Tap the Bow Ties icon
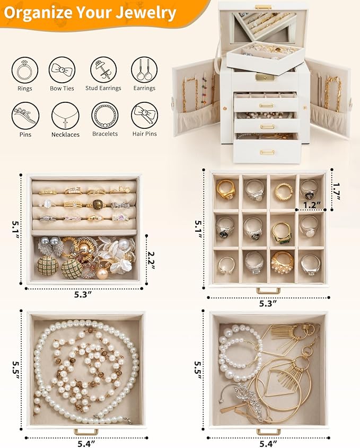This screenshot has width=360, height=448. point(62,70)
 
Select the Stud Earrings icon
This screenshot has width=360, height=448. point(103,70)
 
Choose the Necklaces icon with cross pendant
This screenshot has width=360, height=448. point(62,115)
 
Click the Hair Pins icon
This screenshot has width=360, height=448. point(144,115)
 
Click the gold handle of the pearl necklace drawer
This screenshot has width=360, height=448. point(86,431)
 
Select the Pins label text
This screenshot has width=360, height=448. point(24,135)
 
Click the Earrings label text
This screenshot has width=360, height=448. point(144,89)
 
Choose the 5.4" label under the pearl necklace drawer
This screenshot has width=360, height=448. point(86,442)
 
